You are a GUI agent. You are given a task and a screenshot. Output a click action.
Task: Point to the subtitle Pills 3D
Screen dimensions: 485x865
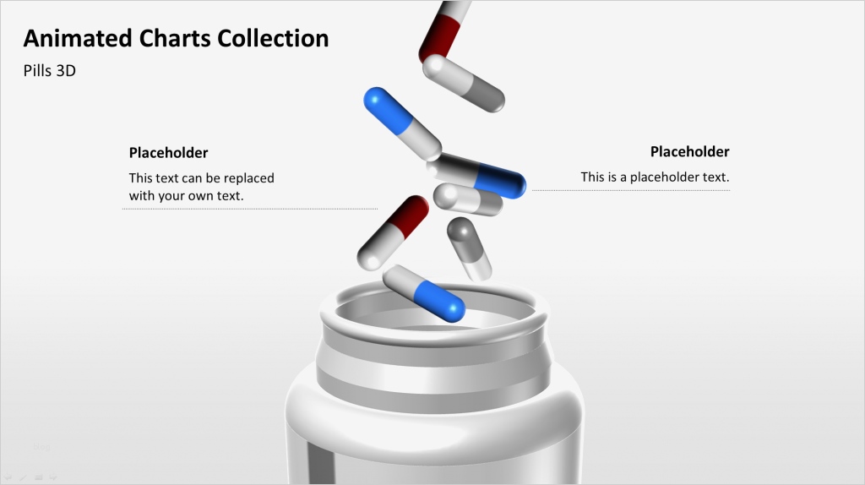50,72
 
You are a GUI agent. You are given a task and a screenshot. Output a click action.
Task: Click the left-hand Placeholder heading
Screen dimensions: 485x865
168,153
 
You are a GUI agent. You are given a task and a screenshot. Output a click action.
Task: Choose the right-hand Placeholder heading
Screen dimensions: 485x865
689,152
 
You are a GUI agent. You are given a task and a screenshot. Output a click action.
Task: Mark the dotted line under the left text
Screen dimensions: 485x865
250,209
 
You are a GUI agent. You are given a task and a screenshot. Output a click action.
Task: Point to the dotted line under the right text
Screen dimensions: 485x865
630,190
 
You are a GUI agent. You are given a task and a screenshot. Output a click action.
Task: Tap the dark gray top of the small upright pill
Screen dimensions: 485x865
460,231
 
